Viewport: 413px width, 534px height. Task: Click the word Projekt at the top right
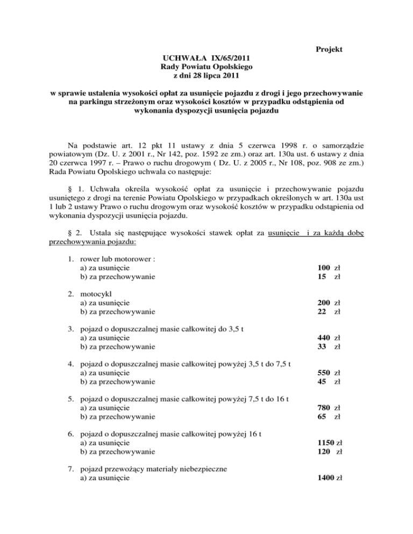coord(329,49)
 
